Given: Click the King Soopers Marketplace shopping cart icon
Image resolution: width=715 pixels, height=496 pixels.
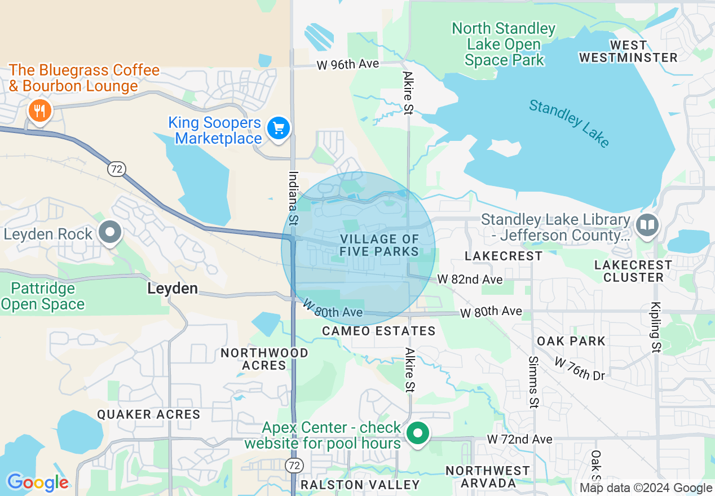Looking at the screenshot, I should pyautogui.click(x=278, y=129).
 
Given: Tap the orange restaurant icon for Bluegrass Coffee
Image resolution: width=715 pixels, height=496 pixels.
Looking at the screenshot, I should pyautogui.click(x=39, y=110).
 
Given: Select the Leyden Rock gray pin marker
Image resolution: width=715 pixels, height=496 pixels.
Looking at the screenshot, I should pyautogui.click(x=111, y=232).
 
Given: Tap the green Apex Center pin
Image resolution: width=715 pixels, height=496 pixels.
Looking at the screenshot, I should pyautogui.click(x=417, y=434).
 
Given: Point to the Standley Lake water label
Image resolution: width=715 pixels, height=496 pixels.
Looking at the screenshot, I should pyautogui.click(x=569, y=123).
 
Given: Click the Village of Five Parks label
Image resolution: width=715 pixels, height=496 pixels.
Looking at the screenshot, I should pyautogui.click(x=379, y=246).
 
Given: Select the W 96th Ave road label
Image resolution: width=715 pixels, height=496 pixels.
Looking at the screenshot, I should pyautogui.click(x=347, y=65).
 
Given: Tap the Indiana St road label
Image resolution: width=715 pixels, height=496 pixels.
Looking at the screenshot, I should pyautogui.click(x=293, y=198).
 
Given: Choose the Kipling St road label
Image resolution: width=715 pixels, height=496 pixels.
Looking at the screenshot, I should pyautogui.click(x=655, y=326).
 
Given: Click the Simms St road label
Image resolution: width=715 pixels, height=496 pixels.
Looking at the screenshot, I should pyautogui.click(x=533, y=382).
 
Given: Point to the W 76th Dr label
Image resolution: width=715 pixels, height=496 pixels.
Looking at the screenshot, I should pyautogui.click(x=579, y=369).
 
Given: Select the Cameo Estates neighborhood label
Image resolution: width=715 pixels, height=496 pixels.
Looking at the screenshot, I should pyautogui.click(x=378, y=331).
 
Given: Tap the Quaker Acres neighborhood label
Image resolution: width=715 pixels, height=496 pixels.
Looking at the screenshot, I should pyautogui.click(x=148, y=414).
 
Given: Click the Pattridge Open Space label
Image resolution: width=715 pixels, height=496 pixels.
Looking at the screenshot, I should pyautogui.click(x=43, y=296).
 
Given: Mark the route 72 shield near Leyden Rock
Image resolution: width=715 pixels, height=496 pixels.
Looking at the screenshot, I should pyautogui.click(x=117, y=169).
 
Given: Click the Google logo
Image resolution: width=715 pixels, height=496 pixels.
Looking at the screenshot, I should pyautogui.click(x=37, y=482).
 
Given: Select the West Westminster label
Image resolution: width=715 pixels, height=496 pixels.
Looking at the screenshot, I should pyautogui.click(x=628, y=51).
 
